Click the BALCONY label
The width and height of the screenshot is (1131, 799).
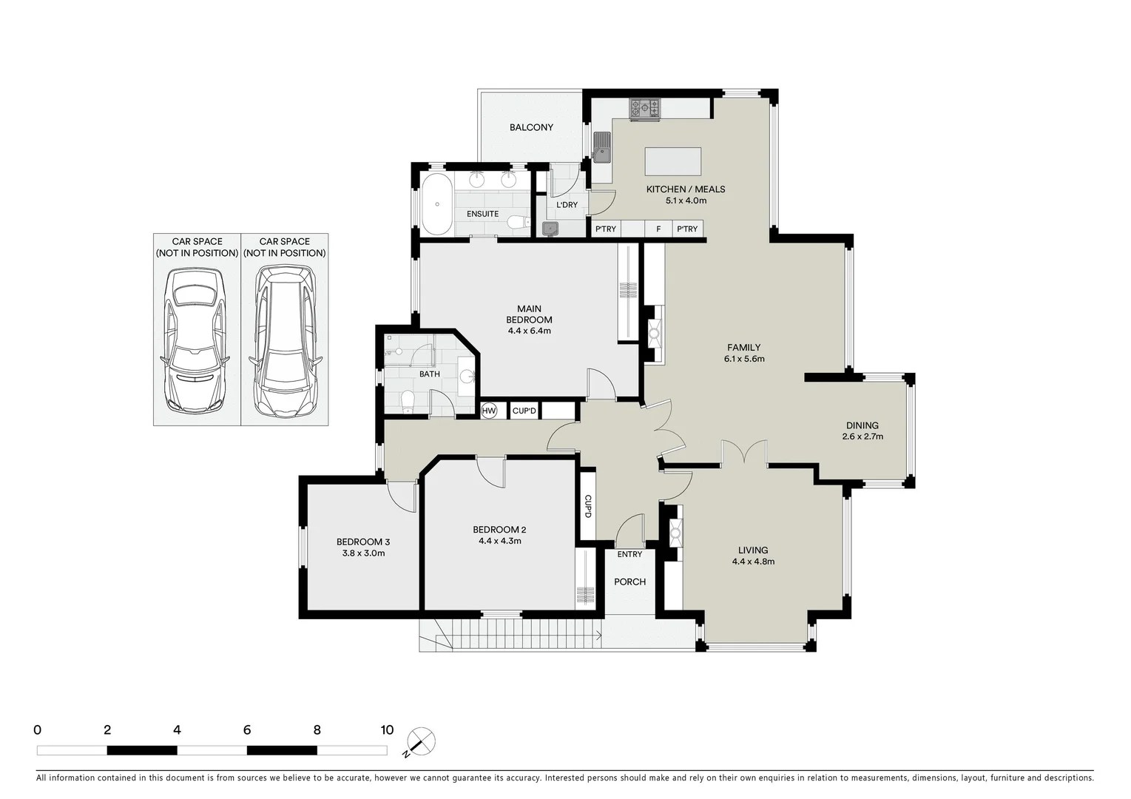tap(531, 127)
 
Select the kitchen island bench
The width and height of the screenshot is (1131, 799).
tap(672, 160)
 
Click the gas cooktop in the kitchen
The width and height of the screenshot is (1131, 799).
tap(644, 109)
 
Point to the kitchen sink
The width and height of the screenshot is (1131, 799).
tap(602, 146)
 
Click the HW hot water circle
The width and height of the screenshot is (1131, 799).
tap(489, 411)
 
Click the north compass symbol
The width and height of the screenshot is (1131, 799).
tap(421, 741)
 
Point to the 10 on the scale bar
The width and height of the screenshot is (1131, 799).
tap(386, 729)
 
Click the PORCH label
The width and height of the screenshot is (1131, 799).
tap(630, 582)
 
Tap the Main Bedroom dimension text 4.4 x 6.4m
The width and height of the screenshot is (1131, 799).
tap(529, 331)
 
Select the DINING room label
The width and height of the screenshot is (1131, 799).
tap(862, 425)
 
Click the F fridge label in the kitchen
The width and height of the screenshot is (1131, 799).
tap(658, 229)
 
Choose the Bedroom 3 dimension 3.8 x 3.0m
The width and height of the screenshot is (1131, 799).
tap(362, 553)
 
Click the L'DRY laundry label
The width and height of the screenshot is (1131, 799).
tap(567, 205)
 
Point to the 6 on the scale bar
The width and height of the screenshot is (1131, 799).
tap(246, 729)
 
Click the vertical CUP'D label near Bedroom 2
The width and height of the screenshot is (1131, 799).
tap(587, 506)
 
